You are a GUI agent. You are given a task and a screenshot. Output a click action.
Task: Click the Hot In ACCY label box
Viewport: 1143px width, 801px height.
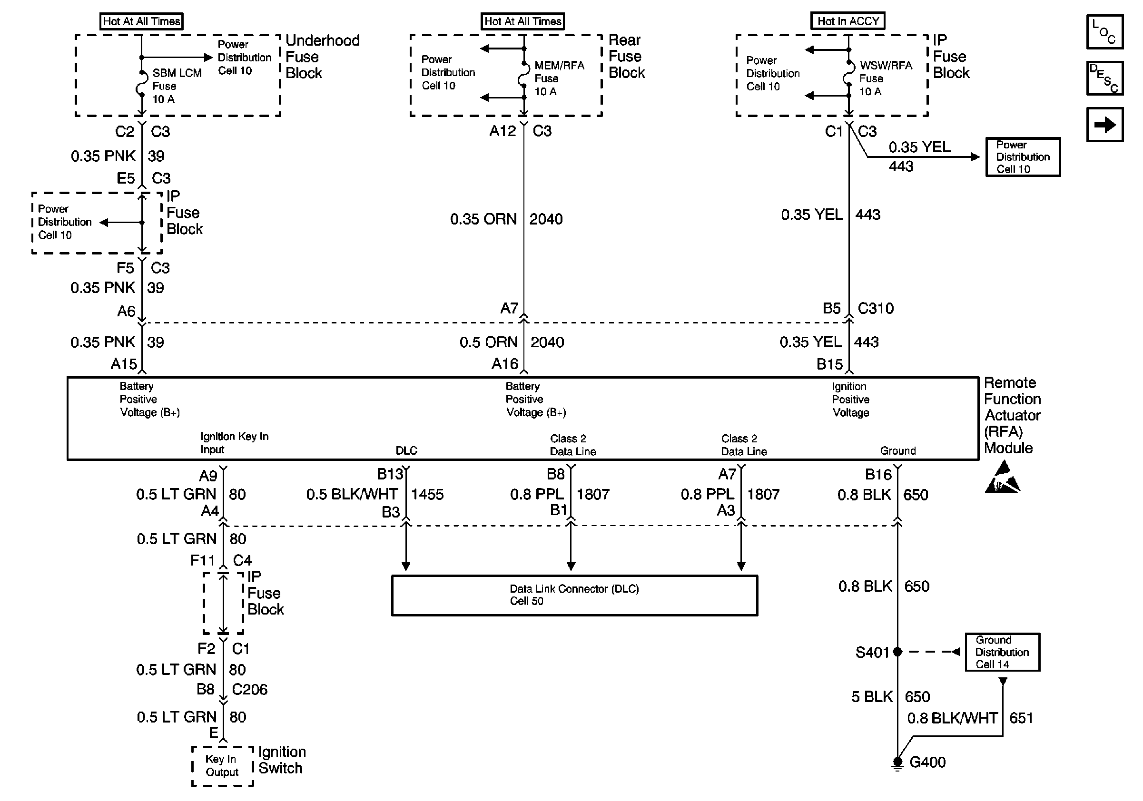pyautogui.click(x=848, y=21)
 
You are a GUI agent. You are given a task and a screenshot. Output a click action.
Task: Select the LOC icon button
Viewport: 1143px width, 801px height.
pyautogui.click(x=1104, y=32)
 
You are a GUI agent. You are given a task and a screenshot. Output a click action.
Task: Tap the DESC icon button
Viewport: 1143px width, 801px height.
pyautogui.click(x=1104, y=78)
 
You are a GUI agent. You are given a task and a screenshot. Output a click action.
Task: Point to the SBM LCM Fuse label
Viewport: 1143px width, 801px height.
pyautogui.click(x=176, y=86)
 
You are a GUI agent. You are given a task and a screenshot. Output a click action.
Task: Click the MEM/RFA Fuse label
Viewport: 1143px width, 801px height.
pyautogui.click(x=559, y=78)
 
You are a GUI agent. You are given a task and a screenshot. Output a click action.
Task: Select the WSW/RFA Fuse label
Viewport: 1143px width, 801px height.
pyautogui.click(x=885, y=78)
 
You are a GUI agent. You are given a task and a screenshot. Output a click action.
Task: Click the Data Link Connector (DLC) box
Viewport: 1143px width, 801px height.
pyautogui.click(x=574, y=595)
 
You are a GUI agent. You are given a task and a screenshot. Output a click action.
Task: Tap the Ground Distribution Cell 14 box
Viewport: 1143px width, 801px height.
pyautogui.click(x=1002, y=652)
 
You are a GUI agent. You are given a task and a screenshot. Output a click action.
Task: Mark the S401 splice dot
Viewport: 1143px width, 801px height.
pyautogui.click(x=897, y=652)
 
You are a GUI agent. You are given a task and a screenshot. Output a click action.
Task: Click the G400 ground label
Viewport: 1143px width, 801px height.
pyautogui.click(x=927, y=762)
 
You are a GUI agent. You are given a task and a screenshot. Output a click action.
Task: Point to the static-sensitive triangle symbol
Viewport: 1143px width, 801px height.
pyautogui.click(x=1002, y=479)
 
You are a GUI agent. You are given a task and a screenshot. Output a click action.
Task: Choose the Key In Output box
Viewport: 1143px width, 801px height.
pyautogui.click(x=222, y=766)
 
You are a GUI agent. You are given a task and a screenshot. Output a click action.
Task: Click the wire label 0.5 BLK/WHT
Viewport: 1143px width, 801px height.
pyautogui.click(x=352, y=494)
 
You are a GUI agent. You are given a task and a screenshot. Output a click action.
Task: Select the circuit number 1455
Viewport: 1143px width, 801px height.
pyautogui.click(x=427, y=494)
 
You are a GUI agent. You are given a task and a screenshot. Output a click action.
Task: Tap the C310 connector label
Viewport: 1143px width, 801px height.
pyautogui.click(x=875, y=308)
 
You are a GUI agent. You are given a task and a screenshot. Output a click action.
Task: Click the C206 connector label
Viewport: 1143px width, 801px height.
pyautogui.click(x=249, y=689)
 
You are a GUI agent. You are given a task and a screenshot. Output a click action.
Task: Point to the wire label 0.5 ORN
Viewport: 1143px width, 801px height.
pyautogui.click(x=488, y=342)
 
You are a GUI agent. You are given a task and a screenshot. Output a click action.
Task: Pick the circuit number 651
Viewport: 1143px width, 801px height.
pyautogui.click(x=1021, y=718)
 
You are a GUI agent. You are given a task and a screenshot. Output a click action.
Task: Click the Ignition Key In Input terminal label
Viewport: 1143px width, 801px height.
pyautogui.click(x=234, y=442)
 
